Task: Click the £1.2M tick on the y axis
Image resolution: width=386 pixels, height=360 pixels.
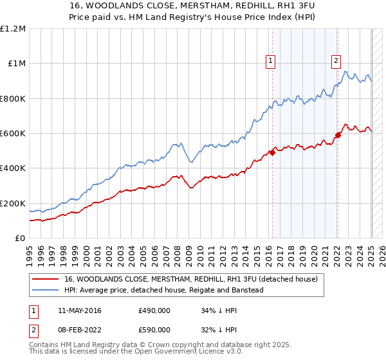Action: click(x=13, y=29)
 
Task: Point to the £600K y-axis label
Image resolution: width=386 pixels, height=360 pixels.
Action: click(x=13, y=134)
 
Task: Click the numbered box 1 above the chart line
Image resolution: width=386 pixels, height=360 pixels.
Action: click(x=270, y=61)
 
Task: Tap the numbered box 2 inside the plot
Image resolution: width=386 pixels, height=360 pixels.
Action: click(x=336, y=61)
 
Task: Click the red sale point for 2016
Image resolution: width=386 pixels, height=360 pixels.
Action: click(x=272, y=152)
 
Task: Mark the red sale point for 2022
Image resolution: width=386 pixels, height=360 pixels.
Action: click(x=338, y=135)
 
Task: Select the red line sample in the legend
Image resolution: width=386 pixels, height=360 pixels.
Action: click(x=45, y=280)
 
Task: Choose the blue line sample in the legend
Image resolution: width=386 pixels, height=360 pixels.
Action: click(x=45, y=290)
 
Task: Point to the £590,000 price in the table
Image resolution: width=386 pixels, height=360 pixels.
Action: click(x=154, y=330)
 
